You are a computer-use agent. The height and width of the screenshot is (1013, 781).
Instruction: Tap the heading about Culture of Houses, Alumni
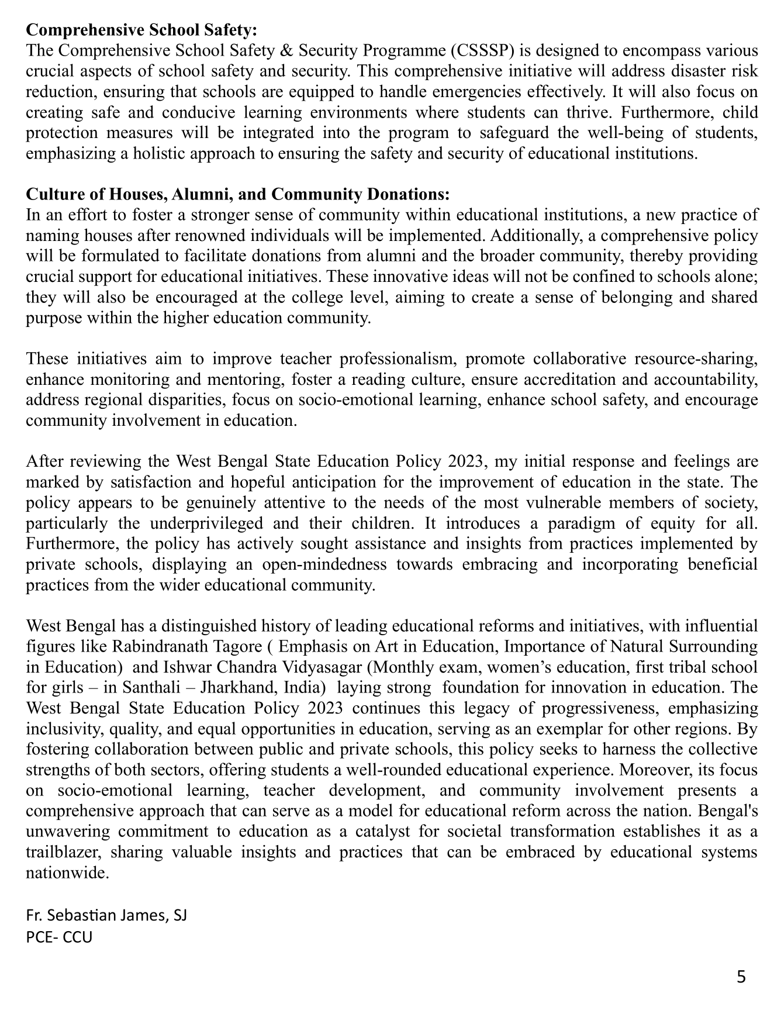(238, 194)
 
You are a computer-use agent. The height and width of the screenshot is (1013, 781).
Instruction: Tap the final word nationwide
(67, 873)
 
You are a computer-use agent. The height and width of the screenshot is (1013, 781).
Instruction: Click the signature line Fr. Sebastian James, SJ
(106, 915)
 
